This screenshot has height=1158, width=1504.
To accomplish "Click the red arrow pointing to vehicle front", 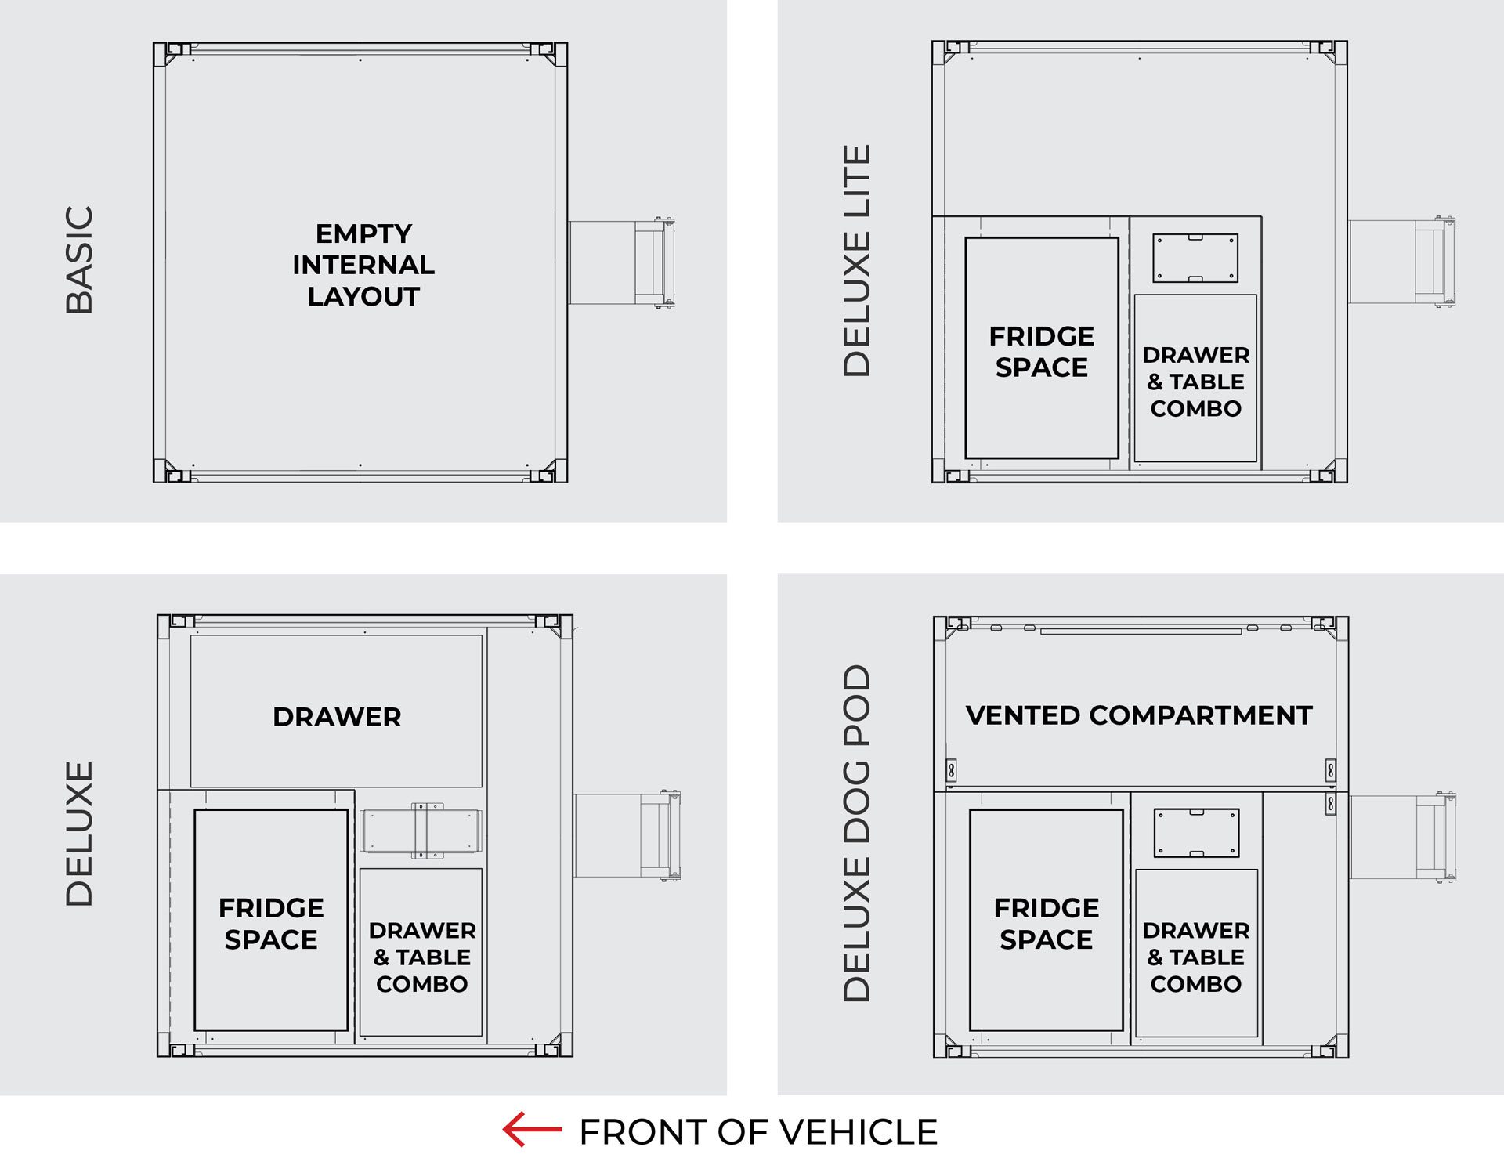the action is pyautogui.click(x=532, y=1129).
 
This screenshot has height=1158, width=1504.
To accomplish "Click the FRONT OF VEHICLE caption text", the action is pyautogui.click(x=757, y=1132).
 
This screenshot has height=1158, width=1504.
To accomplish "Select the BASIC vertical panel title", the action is pyautogui.click(x=79, y=260).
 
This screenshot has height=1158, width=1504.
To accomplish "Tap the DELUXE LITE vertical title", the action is pyautogui.click(x=856, y=260).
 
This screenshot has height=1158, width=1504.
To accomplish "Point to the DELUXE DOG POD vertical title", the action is pyautogui.click(x=856, y=833).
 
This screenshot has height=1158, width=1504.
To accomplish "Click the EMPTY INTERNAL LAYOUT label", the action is pyautogui.click(x=363, y=265).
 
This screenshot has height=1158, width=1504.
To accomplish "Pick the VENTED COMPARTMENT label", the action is pyautogui.click(x=1139, y=715).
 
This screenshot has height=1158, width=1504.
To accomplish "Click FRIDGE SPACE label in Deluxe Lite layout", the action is pyautogui.click(x=1042, y=351).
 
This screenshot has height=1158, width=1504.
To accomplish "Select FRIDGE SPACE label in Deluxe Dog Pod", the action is pyautogui.click(x=1047, y=923).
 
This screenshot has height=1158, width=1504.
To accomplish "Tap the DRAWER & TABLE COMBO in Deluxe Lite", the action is pyautogui.click(x=1196, y=382).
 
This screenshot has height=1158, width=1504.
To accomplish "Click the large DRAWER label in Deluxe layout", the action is pyautogui.click(x=337, y=716).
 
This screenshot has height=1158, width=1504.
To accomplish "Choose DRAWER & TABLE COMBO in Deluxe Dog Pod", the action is pyautogui.click(x=1196, y=957).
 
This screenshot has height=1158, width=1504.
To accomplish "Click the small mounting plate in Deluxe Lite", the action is pyautogui.click(x=1195, y=258).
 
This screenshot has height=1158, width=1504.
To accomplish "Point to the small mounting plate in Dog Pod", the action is pyautogui.click(x=1196, y=833).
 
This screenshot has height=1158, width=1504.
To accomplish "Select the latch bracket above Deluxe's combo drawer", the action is pyautogui.click(x=421, y=831).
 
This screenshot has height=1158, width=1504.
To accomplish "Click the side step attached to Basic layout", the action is pyautogui.click(x=621, y=262).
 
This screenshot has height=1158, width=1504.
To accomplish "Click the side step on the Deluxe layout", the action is pyautogui.click(x=627, y=835).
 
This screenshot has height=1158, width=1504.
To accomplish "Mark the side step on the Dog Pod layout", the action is pyautogui.click(x=1403, y=837).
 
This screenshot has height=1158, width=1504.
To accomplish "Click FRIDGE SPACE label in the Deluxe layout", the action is pyautogui.click(x=271, y=923).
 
